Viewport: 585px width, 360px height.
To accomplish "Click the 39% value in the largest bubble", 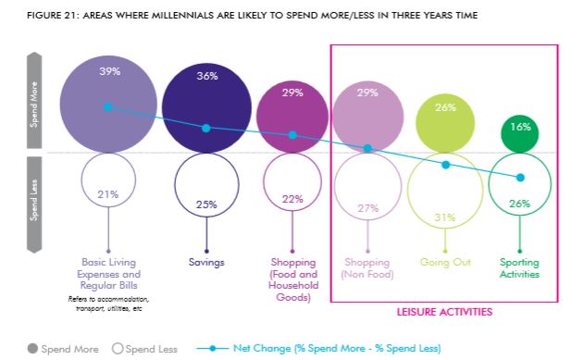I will click(x=110, y=72).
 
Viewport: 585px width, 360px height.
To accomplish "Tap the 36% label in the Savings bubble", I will click(x=206, y=77).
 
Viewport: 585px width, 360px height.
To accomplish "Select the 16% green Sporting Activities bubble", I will click(x=520, y=128).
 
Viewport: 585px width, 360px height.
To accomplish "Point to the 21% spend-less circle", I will click(x=109, y=193).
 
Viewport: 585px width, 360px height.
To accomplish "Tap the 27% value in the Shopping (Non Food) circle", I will click(x=367, y=208).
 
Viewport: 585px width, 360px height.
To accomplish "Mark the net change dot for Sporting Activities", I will click(x=520, y=177).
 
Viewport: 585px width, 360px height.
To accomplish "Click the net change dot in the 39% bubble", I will click(x=108, y=107).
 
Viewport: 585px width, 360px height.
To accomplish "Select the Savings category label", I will click(x=206, y=263).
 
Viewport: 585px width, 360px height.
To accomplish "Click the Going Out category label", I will click(x=445, y=263).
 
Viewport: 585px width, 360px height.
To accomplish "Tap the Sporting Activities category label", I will click(x=520, y=268).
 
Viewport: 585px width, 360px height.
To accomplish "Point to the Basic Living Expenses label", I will click(x=109, y=268).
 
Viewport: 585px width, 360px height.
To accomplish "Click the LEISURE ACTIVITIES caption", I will click(x=443, y=312).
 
